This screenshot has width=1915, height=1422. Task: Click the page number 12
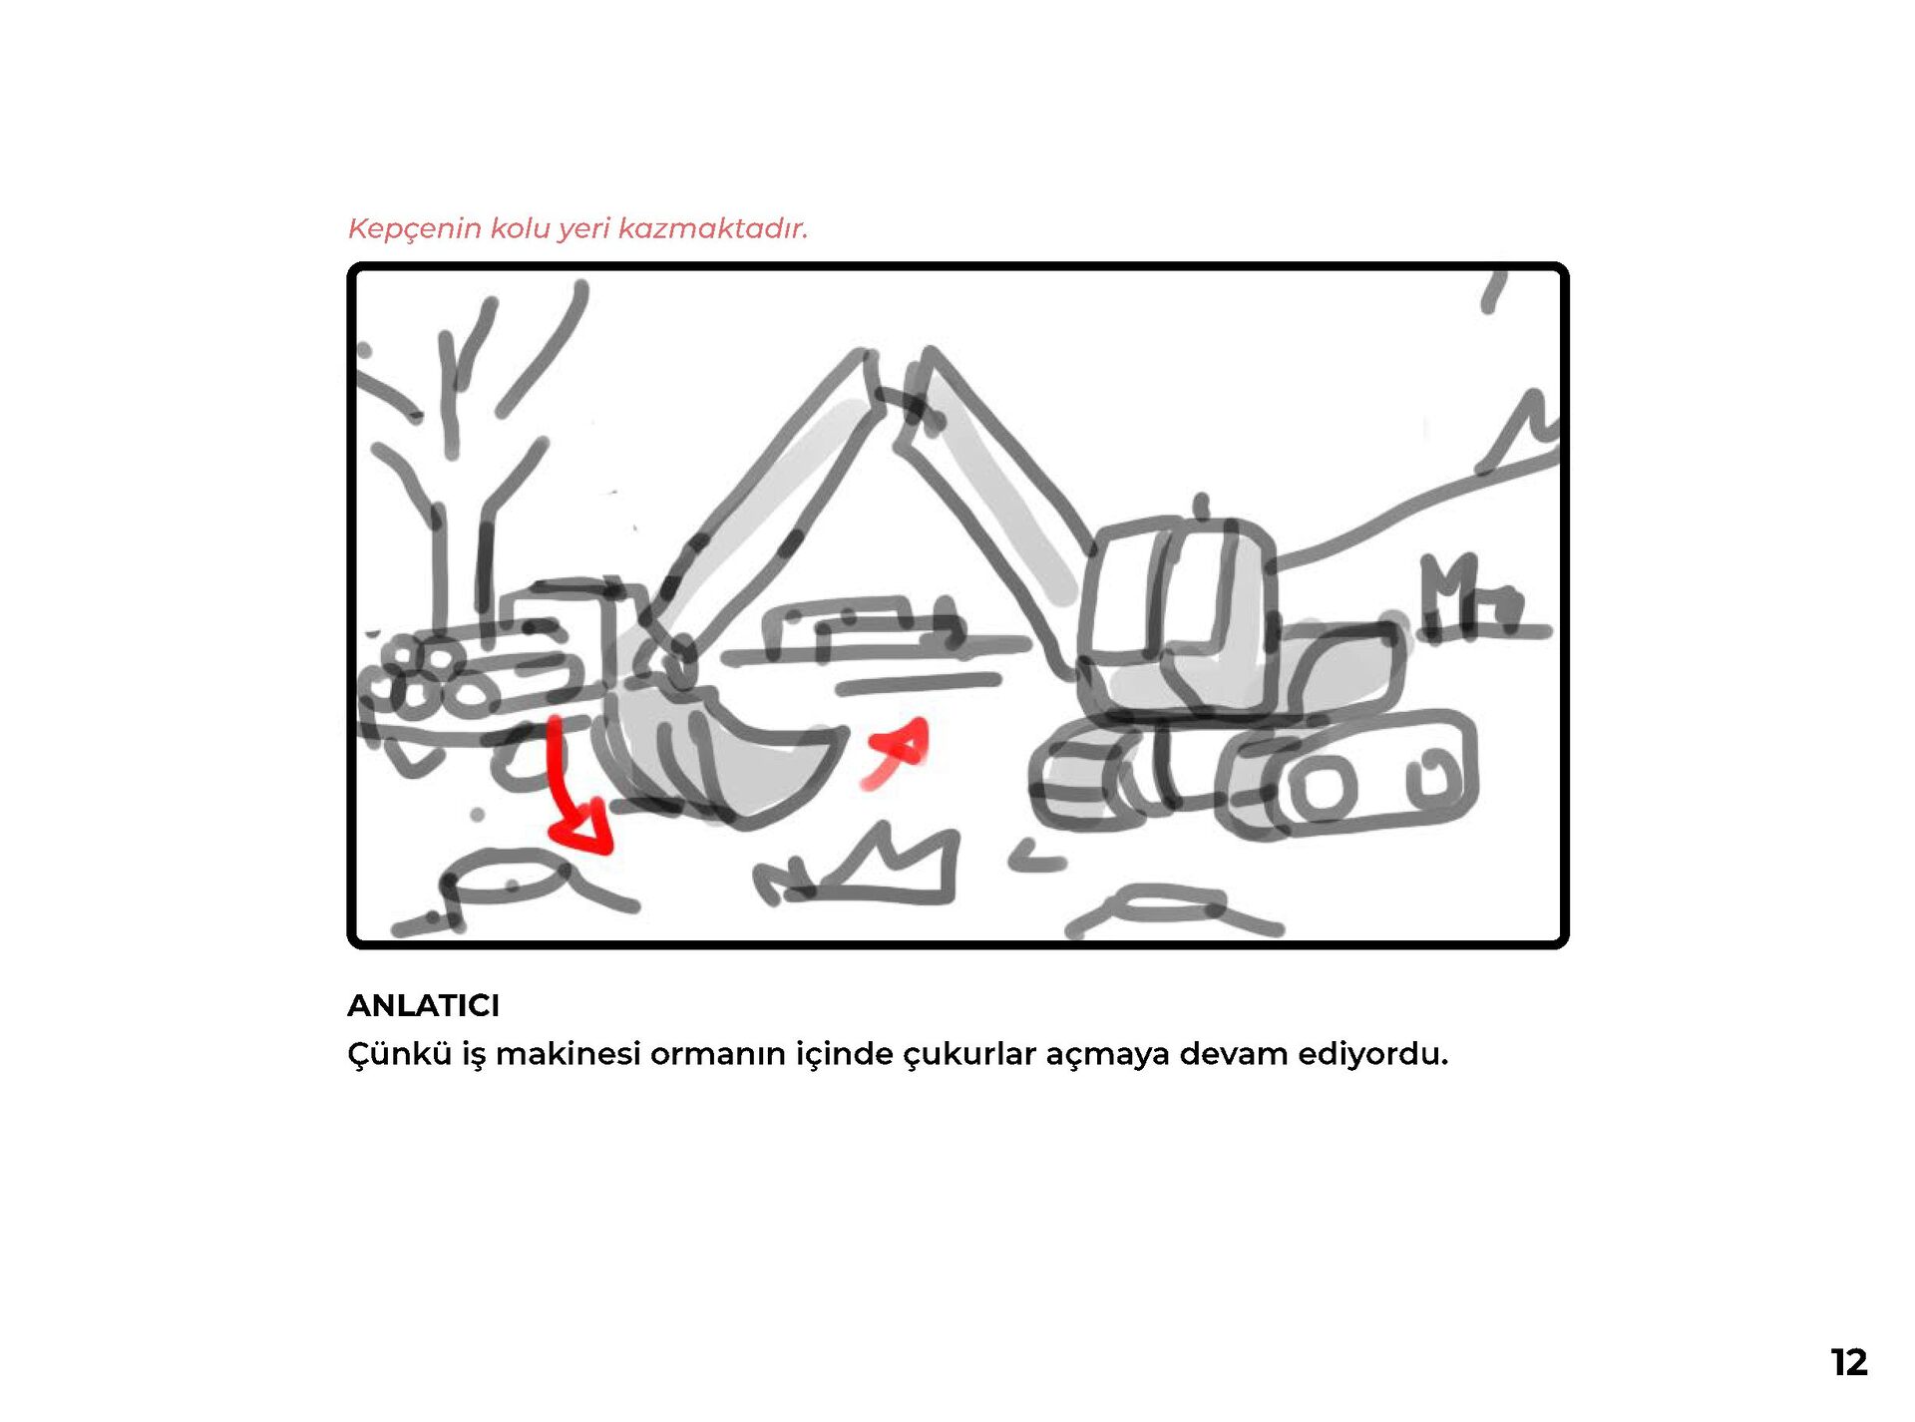tap(1848, 1362)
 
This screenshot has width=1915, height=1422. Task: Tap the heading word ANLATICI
tap(423, 1005)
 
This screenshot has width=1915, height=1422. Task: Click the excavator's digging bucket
tap(718, 753)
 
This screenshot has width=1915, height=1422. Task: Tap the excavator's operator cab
tap(1177, 618)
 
